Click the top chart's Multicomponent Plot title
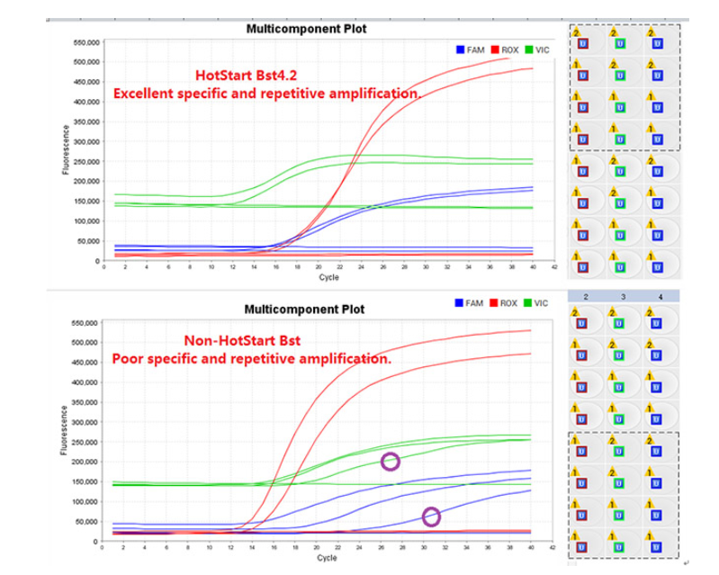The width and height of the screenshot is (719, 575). pos(306,29)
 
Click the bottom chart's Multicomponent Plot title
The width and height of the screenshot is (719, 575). pos(305,309)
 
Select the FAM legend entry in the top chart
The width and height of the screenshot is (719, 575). pos(472,49)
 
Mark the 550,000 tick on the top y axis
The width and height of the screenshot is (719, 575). pos(84,42)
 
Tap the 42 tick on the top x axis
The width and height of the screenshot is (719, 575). pos(555,267)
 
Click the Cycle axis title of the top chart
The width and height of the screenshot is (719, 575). pos(328,276)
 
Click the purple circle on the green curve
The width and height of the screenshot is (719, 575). pos(390,462)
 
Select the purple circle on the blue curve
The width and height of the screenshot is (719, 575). pos(431,517)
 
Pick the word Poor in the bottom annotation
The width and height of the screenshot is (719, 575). pos(127,358)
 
